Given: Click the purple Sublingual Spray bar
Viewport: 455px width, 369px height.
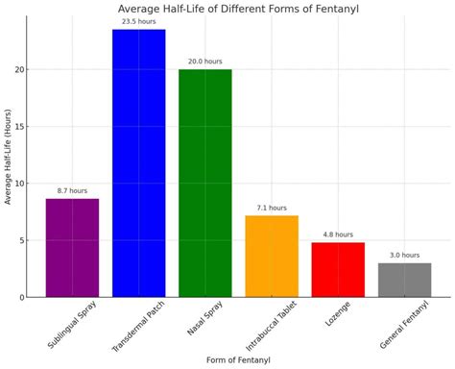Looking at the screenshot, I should click(72, 247).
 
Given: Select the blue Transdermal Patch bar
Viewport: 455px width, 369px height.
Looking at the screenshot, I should click(138, 163).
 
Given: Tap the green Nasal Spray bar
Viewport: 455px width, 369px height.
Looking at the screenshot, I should click(204, 183).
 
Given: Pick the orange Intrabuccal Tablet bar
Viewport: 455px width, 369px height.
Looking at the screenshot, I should click(272, 256).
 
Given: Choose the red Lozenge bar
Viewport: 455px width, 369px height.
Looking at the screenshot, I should click(338, 269).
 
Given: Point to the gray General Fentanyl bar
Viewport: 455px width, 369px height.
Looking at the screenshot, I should click(404, 280).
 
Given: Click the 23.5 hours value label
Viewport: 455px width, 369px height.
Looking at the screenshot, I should click(138, 20).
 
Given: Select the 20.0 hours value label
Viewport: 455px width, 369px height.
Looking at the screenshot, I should click(204, 61).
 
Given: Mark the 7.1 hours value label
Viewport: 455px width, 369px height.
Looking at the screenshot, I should click(272, 208).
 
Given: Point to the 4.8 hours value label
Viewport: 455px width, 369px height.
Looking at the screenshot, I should click(338, 234).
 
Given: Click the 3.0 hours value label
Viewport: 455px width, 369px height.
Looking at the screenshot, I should click(404, 255).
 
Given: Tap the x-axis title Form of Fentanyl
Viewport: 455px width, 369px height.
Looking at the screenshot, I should click(233, 360).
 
